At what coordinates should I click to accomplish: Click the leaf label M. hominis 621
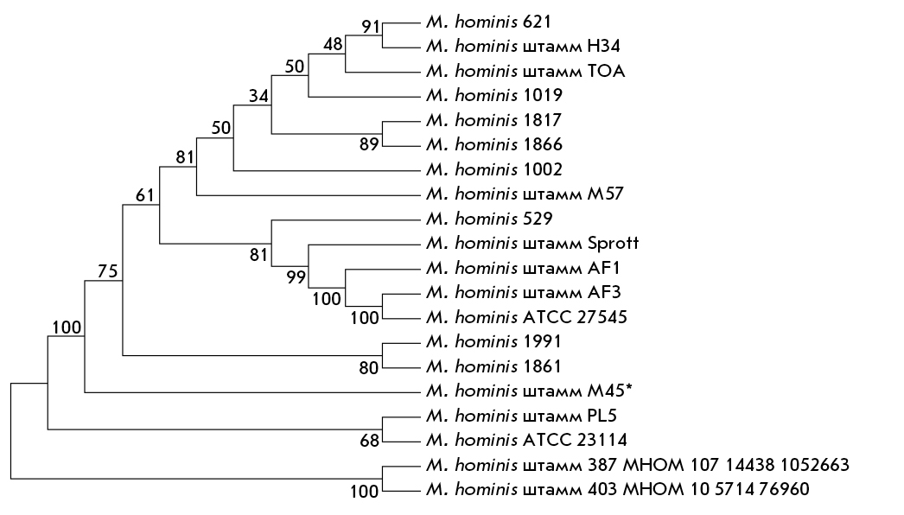click(x=488, y=22)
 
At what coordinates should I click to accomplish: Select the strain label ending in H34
click(x=523, y=46)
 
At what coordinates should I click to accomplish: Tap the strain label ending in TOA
click(x=525, y=71)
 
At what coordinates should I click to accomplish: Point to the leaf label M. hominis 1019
click(x=494, y=95)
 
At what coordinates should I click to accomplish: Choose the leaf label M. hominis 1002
click(x=494, y=169)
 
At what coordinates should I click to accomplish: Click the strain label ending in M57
click(x=525, y=194)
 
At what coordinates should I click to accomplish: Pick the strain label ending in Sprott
click(x=532, y=243)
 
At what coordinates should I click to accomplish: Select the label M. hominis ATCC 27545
click(x=526, y=317)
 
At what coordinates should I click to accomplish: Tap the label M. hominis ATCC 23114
click(x=526, y=440)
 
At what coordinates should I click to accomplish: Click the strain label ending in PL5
click(x=521, y=416)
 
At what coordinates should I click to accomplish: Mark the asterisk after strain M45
click(x=628, y=388)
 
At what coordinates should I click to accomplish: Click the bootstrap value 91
click(x=372, y=27)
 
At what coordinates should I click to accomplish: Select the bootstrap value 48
click(x=333, y=44)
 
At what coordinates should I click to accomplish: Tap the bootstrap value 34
click(x=259, y=96)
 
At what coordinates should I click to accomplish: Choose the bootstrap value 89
click(x=369, y=144)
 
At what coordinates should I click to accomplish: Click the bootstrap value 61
click(x=145, y=195)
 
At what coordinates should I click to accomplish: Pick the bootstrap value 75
click(x=108, y=271)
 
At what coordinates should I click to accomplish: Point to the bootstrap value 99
click(x=296, y=277)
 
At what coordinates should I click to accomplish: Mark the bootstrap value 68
click(x=370, y=441)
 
